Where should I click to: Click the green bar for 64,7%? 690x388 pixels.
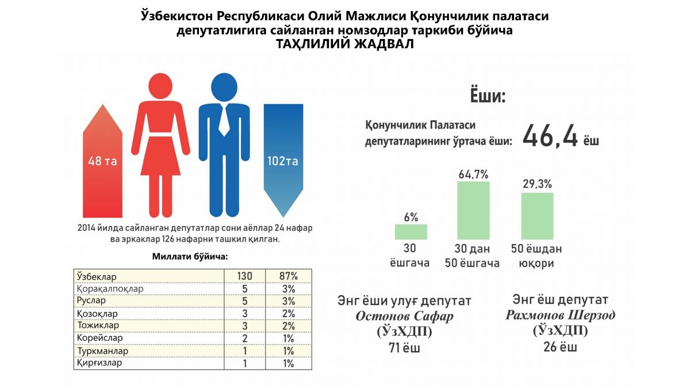point(473,210)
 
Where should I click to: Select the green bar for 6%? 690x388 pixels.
point(411,231)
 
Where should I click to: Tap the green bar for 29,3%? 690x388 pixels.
point(537,216)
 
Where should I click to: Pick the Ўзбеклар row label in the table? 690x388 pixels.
point(96,276)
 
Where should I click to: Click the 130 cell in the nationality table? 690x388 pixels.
point(245,276)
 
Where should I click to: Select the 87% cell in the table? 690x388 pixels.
point(289,276)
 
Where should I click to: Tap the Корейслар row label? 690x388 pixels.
point(99,338)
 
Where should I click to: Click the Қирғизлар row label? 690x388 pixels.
point(99,363)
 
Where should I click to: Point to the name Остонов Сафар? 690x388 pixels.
point(404,316)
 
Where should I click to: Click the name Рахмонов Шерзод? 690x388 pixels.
point(560,315)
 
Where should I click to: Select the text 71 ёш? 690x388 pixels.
point(404,348)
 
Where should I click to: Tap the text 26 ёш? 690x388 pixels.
point(560,347)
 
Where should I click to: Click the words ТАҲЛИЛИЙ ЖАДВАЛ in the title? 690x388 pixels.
point(345,45)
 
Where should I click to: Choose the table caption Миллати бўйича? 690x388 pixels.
point(189,256)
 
